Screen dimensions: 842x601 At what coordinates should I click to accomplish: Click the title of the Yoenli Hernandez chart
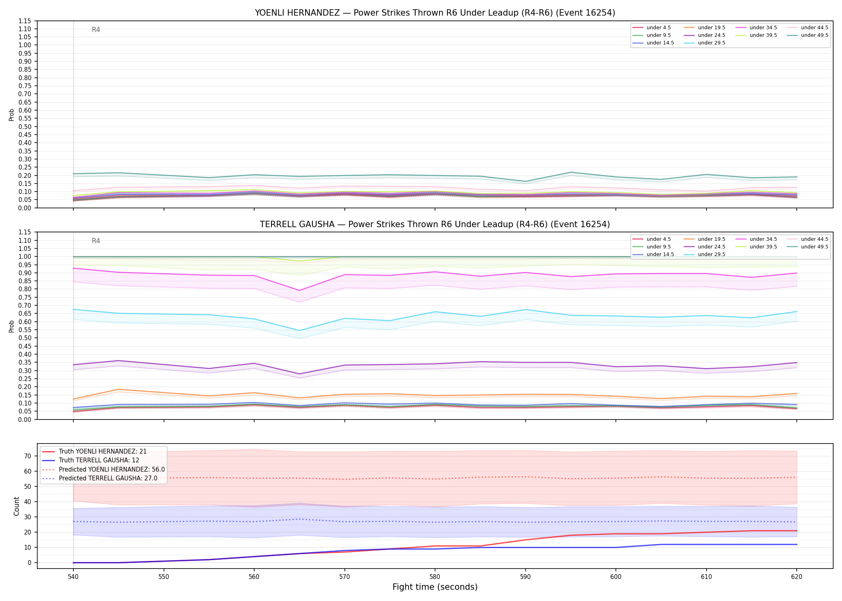(x=435, y=13)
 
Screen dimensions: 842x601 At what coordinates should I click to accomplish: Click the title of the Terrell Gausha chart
(x=435, y=224)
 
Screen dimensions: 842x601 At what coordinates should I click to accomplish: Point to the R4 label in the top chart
(x=96, y=30)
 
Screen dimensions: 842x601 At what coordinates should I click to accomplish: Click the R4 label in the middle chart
(x=96, y=241)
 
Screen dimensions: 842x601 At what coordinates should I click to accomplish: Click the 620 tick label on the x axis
(x=796, y=577)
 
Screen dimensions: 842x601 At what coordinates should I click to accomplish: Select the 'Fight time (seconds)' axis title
(x=435, y=587)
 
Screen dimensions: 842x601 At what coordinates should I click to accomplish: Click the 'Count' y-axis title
(x=16, y=506)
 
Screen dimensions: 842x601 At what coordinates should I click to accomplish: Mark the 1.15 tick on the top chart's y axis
(x=24, y=21)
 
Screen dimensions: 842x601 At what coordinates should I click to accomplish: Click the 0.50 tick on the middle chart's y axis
(x=24, y=338)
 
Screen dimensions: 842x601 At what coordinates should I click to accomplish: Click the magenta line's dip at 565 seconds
(x=299, y=290)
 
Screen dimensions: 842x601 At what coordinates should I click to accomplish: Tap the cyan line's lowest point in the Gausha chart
(x=299, y=331)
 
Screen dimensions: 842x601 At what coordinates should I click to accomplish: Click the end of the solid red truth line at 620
(x=796, y=531)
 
